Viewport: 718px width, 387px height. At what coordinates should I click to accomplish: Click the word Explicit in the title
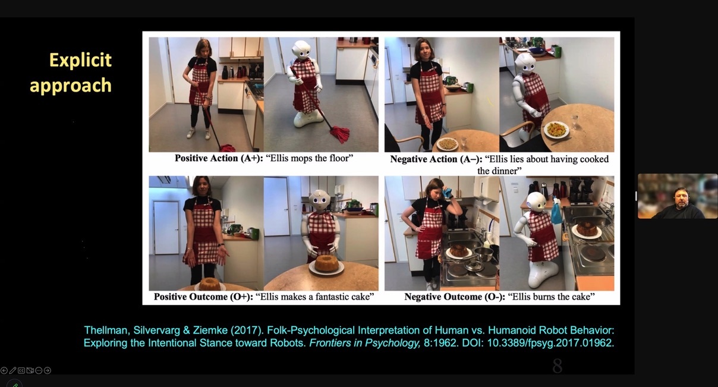point(80,61)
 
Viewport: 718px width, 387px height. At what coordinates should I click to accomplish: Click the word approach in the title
point(71,86)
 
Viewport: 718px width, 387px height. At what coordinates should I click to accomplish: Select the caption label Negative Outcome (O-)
point(455,297)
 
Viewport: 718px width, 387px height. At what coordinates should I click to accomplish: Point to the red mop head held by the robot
point(339,134)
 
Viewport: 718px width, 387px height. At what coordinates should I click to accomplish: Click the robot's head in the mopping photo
point(301,50)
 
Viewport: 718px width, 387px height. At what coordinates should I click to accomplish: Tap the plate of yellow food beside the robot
point(556,130)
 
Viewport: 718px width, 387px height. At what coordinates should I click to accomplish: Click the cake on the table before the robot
point(327,263)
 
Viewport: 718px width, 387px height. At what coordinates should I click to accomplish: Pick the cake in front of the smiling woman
point(210,284)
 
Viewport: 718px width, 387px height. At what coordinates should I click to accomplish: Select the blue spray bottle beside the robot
point(557,211)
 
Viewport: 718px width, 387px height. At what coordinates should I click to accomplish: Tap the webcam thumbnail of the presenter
point(678,196)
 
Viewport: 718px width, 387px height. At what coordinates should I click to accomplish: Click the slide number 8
point(558,366)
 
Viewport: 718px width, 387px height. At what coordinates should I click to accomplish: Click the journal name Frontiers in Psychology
point(364,343)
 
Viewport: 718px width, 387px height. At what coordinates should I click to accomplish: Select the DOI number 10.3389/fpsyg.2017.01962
point(550,343)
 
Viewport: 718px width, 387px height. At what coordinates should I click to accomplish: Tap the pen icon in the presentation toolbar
point(12,370)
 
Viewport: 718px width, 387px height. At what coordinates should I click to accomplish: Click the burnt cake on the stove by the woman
point(458,250)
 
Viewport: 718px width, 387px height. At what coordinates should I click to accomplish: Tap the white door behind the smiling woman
point(166,228)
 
